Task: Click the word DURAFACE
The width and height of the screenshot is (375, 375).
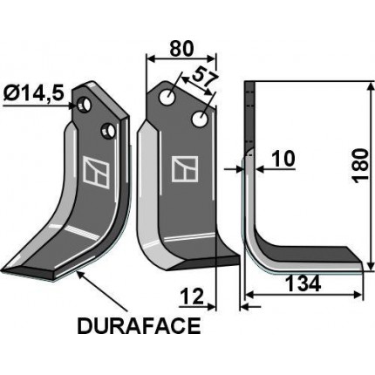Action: pos(139,328)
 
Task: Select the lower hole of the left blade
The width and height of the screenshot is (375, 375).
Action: pos(107,132)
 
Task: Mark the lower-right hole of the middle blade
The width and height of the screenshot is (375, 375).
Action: pos(201,117)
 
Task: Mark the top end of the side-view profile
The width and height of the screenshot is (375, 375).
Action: pos(249,85)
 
